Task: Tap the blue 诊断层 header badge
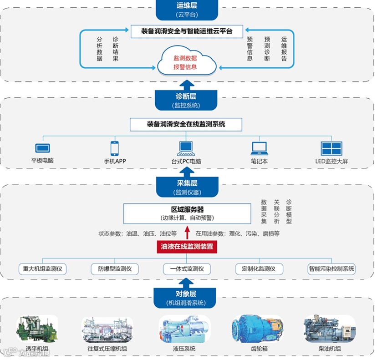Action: point(187,100)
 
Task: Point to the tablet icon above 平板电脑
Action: point(42,148)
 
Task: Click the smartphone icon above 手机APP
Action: point(114,148)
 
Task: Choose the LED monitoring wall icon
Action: point(331,148)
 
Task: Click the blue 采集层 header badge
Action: point(187,187)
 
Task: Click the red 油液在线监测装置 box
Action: point(187,247)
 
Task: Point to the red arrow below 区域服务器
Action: point(187,233)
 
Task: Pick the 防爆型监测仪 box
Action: point(115,269)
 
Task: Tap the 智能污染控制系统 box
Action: point(331,269)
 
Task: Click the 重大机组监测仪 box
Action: point(42,269)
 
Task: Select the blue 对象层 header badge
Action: point(187,297)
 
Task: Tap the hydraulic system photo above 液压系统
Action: point(184,329)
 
